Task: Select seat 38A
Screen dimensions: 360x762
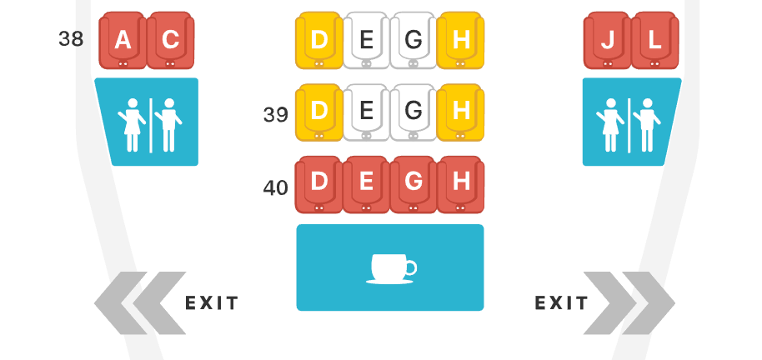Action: pyautogui.click(x=123, y=40)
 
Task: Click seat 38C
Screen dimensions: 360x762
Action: pyautogui.click(x=170, y=40)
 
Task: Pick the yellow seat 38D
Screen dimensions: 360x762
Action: pyautogui.click(x=318, y=40)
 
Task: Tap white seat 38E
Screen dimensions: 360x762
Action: pyautogui.click(x=366, y=40)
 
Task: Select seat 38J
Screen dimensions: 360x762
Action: pyautogui.click(x=607, y=40)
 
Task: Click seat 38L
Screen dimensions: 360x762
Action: pyautogui.click(x=655, y=40)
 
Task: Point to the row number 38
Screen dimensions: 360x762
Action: pyautogui.click(x=72, y=39)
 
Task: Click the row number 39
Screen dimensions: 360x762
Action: pyautogui.click(x=275, y=115)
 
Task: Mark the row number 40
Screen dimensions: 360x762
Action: pyautogui.click(x=275, y=187)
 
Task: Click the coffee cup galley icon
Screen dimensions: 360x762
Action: pyautogui.click(x=390, y=267)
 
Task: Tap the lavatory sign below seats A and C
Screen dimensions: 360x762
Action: pyautogui.click(x=148, y=122)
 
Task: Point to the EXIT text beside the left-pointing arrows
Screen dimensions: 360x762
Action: pyautogui.click(x=212, y=302)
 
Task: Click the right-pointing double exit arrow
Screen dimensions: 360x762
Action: pyautogui.click(x=629, y=302)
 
